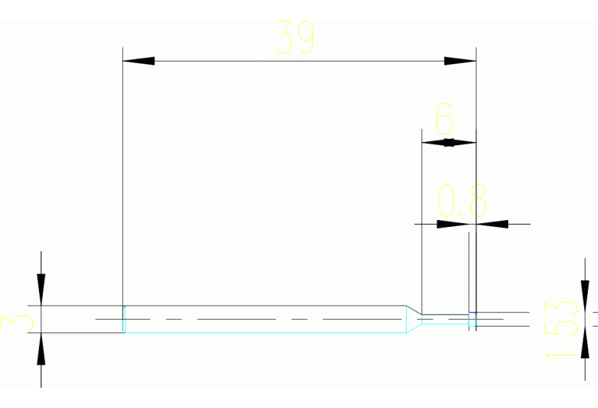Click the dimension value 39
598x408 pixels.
click(295, 37)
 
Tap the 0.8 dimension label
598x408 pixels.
click(462, 201)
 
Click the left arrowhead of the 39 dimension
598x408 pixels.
click(139, 60)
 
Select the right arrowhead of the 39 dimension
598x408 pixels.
click(460, 60)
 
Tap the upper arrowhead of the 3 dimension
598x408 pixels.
click(41, 289)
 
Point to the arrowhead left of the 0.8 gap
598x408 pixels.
click(452, 224)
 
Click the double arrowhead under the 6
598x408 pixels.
click(448, 142)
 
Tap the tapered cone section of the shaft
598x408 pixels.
click(412, 320)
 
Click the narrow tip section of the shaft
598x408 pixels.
click(444, 320)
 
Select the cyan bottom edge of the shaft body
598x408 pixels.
click(265, 333)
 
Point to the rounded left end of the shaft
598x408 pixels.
click(125, 319)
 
